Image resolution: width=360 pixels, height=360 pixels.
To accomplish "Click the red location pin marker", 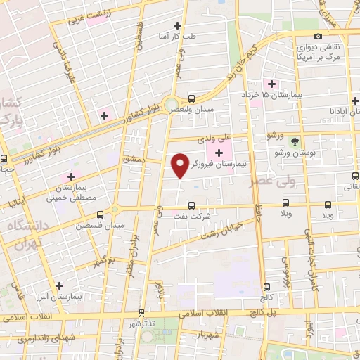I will point(181,165).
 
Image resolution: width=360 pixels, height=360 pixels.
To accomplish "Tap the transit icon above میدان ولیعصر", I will point(192,98).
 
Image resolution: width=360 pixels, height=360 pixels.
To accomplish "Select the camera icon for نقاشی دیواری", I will point(318,36).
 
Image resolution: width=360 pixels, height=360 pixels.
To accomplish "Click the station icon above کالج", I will point(267,287).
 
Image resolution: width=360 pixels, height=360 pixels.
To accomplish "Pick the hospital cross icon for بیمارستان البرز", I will point(59,285).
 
